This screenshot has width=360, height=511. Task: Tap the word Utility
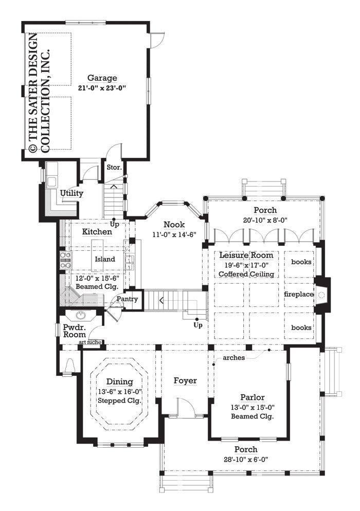pos(71,193)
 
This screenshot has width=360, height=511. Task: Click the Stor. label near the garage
pos(114,167)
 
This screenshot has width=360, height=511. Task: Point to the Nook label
pos(171,224)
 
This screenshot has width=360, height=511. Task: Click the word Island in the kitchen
pos(105,259)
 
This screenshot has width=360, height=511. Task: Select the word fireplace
pos(299,294)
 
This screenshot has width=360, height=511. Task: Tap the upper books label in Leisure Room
pos(301,262)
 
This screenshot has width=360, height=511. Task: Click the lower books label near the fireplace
pos(301,327)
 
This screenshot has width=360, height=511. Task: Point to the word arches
pos(235,357)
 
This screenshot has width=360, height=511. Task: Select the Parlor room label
pos(253,397)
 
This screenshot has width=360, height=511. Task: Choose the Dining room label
pos(120,381)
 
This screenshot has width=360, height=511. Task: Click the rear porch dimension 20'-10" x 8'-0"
pos(265,220)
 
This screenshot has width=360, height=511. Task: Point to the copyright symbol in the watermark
pos(32,149)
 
